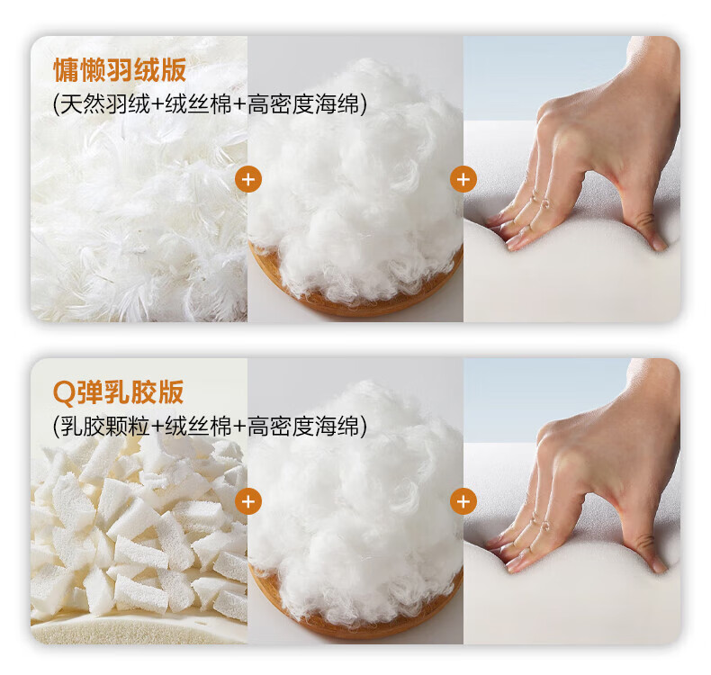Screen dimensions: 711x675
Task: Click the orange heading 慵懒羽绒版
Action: coord(120,70)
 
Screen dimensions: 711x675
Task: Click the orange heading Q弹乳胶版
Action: coord(118,392)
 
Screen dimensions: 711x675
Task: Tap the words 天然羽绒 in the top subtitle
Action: coord(104,104)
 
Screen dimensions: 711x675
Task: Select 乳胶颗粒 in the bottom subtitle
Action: coord(104,426)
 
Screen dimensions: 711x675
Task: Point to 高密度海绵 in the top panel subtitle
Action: coord(303,104)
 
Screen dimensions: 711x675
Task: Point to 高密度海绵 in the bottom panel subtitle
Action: coord(303,426)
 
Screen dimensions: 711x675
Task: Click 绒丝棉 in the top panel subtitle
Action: coord(198,104)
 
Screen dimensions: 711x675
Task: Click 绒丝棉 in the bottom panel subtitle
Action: coord(198,426)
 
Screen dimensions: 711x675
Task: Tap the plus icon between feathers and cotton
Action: coord(248,179)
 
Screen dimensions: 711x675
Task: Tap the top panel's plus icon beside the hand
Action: coord(463,179)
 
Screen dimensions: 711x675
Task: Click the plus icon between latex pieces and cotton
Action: coord(248,501)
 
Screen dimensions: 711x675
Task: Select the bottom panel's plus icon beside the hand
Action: coord(463,501)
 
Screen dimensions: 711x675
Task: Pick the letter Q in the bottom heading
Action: coord(64,393)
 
